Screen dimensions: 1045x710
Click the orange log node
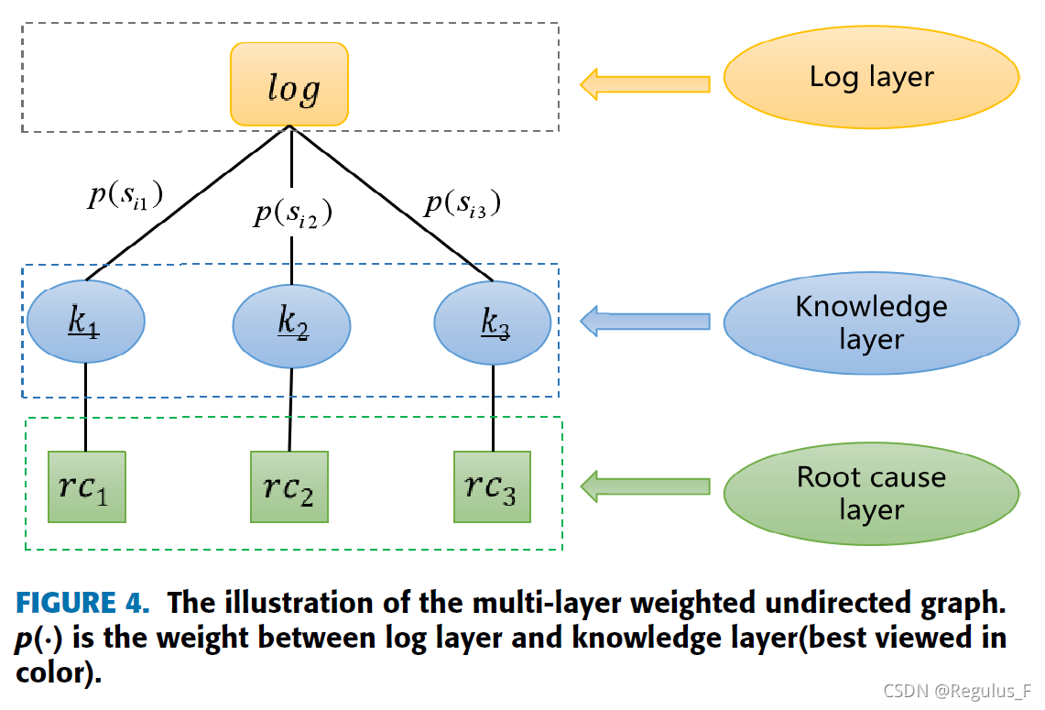coord(289,84)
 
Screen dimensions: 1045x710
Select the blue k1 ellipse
coord(86,322)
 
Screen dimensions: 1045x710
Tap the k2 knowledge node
coord(291,326)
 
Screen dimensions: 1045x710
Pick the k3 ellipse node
coord(493,322)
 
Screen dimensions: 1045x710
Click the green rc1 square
coord(87,486)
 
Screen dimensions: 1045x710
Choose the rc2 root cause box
coord(289,486)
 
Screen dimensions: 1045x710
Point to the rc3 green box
coord(492,486)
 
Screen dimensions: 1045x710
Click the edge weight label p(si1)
coord(125,195)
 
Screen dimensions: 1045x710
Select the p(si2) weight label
coord(292,213)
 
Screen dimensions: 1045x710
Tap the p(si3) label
coord(463,203)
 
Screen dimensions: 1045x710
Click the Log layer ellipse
coord(872,77)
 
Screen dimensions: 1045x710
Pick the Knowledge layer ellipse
coord(872,322)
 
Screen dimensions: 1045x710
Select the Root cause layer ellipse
coord(872,493)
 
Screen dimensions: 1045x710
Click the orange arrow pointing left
coord(645,84)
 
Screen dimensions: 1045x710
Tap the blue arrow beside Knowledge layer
coord(645,322)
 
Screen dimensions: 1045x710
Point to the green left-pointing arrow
coord(645,486)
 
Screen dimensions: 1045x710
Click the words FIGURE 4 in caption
coord(82,603)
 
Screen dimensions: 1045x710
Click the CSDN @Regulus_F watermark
coord(957,691)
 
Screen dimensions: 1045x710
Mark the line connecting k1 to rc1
coord(85,408)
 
